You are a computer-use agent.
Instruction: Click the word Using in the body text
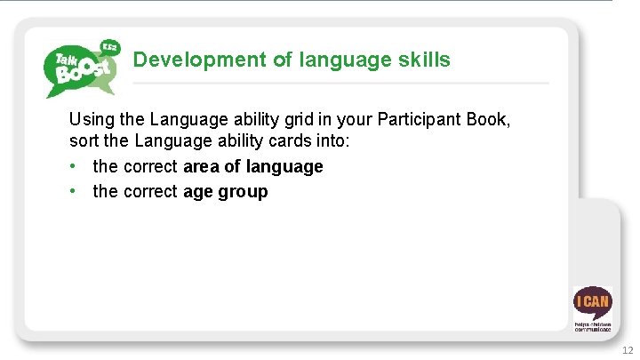90,119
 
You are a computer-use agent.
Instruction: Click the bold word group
242,191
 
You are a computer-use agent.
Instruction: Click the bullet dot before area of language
75,166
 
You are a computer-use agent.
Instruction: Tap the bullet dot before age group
75,191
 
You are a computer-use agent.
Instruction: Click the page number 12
628,351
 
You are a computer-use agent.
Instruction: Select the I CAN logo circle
592,302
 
